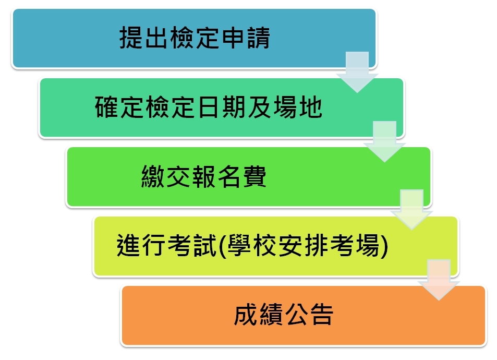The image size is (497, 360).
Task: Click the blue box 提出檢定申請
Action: coord(194,39)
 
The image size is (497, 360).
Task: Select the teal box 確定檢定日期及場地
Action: coord(222,108)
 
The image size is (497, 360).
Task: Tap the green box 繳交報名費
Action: coord(248,177)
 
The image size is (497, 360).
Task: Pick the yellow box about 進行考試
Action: coord(276,246)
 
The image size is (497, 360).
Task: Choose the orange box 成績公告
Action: coord(304,316)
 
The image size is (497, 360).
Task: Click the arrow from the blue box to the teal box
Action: coord(357,73)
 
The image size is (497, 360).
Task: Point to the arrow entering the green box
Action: coord(384,142)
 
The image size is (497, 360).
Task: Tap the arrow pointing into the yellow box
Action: coord(412,210)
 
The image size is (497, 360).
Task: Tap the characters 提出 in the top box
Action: coord(143,38)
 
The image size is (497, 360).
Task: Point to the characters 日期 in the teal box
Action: coord(221,107)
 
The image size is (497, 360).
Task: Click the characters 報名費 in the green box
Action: coord(229,176)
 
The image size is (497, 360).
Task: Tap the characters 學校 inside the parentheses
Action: coord(252,246)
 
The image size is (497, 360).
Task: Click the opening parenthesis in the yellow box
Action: coord(222,246)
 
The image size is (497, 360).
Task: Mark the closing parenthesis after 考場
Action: coord(384,246)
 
